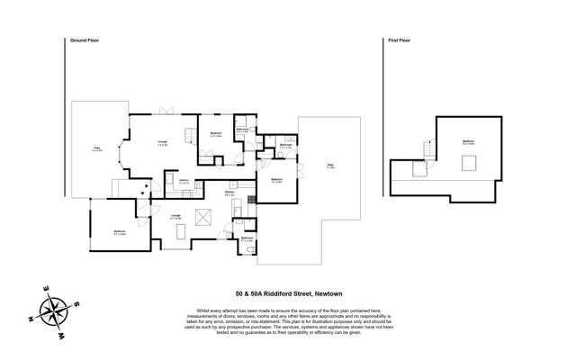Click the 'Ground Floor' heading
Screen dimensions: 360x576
[82, 40]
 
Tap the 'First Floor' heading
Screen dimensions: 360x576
[399, 40]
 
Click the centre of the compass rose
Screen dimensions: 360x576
[55, 313]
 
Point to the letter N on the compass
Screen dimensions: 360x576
[33, 319]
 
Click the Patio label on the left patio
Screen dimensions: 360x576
[96, 149]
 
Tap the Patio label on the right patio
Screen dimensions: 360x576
[330, 166]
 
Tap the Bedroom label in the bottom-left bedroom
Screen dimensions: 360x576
[120, 232]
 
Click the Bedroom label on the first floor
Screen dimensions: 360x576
[468, 142]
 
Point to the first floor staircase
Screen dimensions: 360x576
[418, 168]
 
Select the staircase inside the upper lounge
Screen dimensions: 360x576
[190, 136]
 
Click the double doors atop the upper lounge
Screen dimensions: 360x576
[165, 112]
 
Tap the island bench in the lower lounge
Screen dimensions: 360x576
[184, 232]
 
